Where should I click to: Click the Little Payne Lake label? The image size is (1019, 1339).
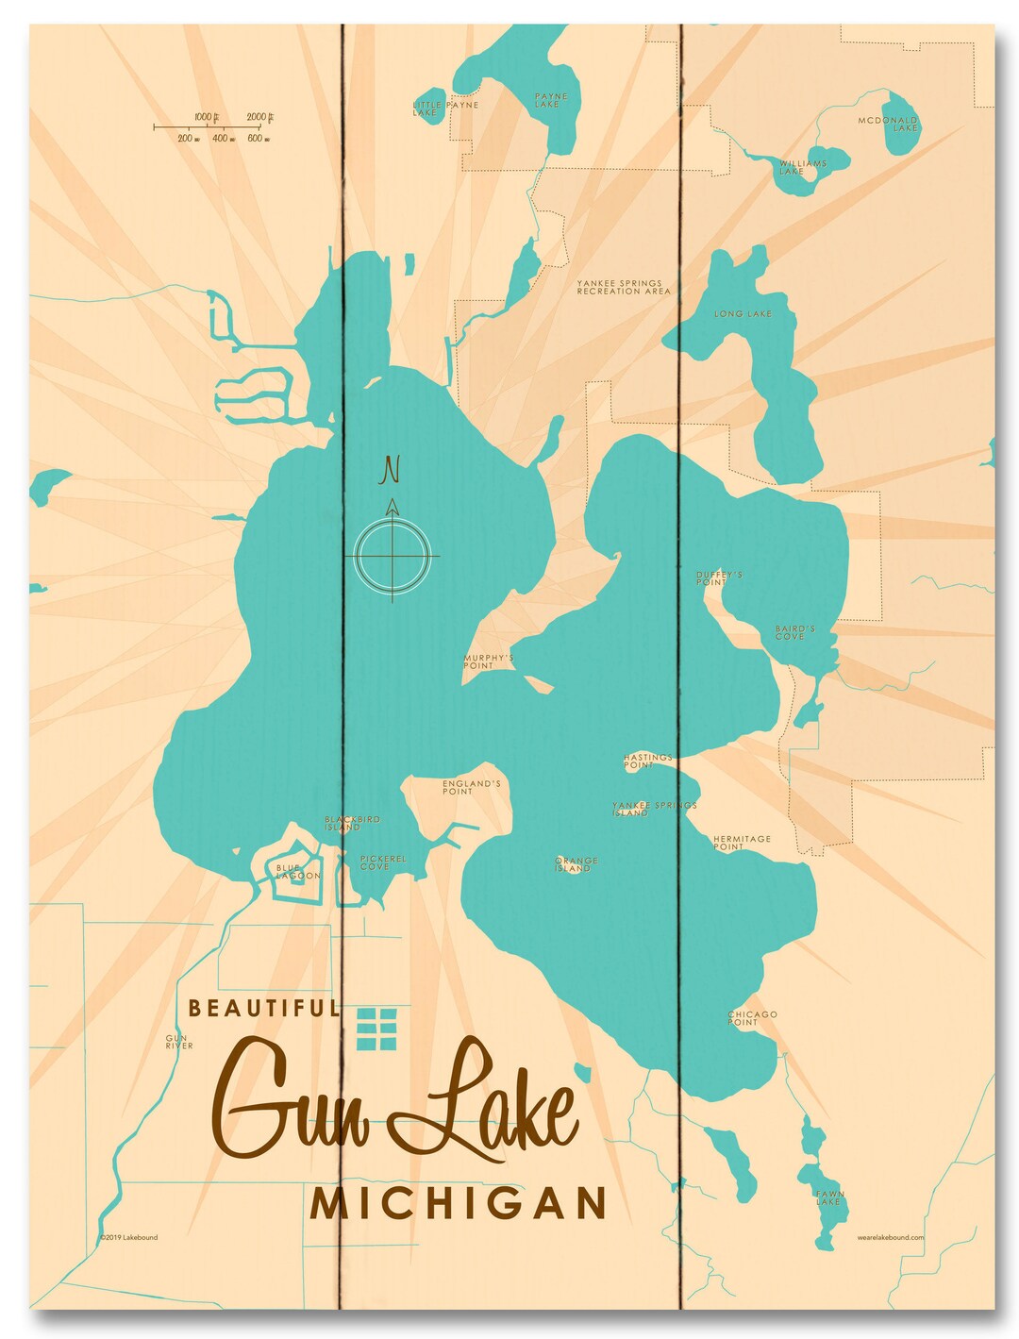point(445,109)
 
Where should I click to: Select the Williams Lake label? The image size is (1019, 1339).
point(802,167)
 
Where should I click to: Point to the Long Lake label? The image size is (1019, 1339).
point(743,313)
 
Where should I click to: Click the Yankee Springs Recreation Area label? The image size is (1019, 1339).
point(624,287)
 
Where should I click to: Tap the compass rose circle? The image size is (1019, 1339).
point(393,555)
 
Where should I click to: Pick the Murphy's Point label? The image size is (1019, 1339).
point(488,661)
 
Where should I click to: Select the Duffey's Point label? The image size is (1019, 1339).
point(719,577)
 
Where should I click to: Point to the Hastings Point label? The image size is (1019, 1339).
point(647,761)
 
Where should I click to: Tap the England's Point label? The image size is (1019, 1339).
point(471,787)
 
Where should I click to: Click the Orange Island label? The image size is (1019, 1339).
point(576,864)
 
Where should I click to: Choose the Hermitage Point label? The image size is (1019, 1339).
point(742,843)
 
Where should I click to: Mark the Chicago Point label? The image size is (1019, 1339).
point(752,1018)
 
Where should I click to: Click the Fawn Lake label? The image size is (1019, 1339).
point(829,1197)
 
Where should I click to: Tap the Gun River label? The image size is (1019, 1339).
point(178,1042)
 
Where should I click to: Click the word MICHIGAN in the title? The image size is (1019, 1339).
point(459,1203)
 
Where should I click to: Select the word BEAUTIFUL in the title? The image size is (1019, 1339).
point(263,1008)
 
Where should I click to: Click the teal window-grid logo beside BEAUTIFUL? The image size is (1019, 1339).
point(377,1028)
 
